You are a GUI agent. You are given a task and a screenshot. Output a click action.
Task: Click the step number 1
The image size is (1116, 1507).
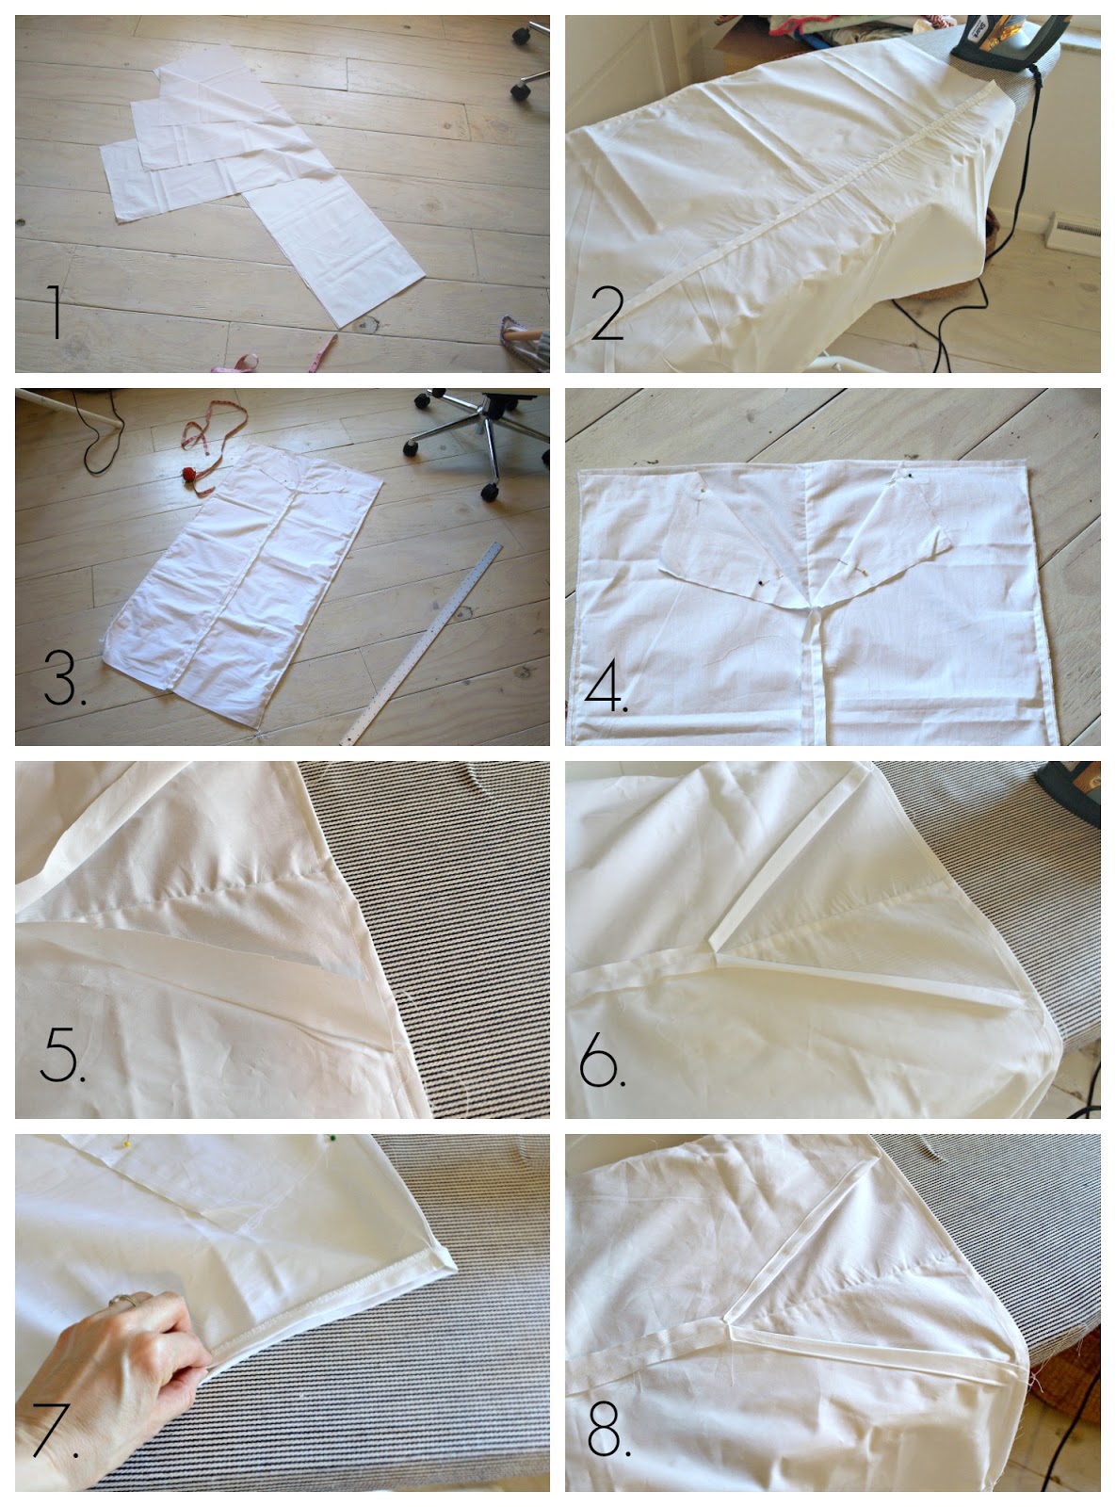[56, 312]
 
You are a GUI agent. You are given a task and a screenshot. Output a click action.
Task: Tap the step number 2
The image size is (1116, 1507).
[607, 314]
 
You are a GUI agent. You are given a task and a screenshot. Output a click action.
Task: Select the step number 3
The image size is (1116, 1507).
[64, 677]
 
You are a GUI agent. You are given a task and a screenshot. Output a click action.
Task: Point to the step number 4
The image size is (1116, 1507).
[607, 686]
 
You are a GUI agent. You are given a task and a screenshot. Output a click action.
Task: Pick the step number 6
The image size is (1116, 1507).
[602, 1060]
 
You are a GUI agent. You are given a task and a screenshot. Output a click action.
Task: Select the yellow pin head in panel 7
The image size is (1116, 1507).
[126, 1144]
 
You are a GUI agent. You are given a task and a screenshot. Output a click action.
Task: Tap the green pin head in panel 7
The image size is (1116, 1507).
[332, 1138]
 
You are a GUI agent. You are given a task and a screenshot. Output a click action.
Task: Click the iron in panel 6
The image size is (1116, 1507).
[1073, 792]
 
